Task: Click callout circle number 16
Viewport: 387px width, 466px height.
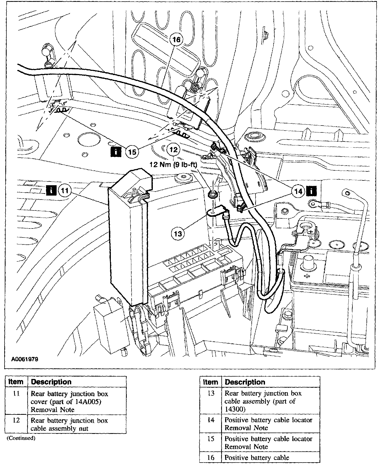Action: point(176,40)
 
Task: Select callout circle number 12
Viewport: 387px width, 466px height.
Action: point(173,149)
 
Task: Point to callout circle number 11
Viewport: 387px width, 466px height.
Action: point(65,190)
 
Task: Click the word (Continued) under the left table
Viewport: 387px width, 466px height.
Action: point(21,438)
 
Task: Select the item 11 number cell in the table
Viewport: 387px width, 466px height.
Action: point(16,394)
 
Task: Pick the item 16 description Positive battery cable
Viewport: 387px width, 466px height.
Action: point(256,458)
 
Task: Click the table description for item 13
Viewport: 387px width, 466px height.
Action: point(263,401)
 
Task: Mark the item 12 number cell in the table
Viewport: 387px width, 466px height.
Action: point(16,421)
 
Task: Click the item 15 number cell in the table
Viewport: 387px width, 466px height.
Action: point(211,439)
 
